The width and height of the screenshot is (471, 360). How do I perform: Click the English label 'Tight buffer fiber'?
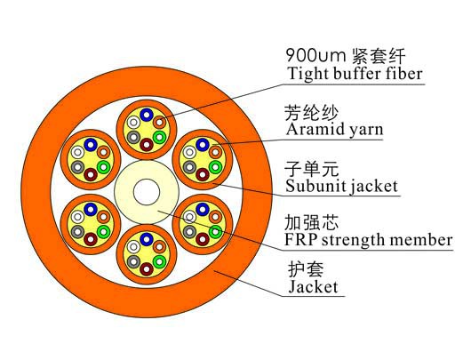click(355, 74)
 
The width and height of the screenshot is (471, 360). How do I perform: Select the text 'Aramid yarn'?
click(335, 130)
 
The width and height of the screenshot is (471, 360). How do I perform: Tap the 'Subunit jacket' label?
click(341, 186)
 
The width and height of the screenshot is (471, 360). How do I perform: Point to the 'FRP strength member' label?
click(369, 240)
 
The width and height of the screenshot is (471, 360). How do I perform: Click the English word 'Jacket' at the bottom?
click(313, 286)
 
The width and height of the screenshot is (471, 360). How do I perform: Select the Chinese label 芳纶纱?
click(312, 113)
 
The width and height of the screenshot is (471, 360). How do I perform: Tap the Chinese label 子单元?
click(312, 169)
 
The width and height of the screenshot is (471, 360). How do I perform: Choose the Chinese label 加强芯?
click(312, 222)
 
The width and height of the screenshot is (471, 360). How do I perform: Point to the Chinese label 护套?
click(306, 269)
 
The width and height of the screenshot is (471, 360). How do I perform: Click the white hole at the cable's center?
click(147, 192)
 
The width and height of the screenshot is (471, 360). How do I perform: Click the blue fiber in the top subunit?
click(147, 115)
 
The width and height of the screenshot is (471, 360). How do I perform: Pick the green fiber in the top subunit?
click(159, 137)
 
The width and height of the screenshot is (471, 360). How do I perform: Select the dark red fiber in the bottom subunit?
click(147, 268)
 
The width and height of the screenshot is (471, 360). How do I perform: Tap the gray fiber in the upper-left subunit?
click(78, 167)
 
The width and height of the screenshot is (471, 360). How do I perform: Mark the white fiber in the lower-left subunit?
click(78, 216)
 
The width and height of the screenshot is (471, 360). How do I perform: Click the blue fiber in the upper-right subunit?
click(203, 145)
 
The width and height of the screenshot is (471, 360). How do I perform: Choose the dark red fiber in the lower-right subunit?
click(203, 239)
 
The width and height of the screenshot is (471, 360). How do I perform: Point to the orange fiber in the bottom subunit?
click(159, 247)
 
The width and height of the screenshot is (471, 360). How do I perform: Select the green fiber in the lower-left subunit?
click(104, 231)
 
